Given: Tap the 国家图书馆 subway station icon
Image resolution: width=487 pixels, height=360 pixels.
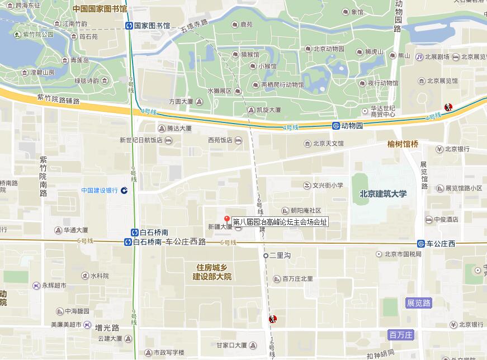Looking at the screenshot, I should (129, 25).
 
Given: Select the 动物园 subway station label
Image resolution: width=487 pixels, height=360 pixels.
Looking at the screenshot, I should (352, 126).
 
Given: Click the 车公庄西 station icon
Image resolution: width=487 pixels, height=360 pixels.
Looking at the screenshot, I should (420, 243).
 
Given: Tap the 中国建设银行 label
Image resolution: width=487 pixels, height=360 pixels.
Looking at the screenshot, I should (100, 190).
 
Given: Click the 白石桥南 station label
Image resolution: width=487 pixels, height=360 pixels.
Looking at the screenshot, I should (154, 232).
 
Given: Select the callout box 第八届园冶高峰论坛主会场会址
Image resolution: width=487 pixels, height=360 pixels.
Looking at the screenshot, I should (279, 222).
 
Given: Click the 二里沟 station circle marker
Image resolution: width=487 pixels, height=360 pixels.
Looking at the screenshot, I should (266, 255).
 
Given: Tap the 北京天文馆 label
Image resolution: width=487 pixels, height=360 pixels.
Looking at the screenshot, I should (328, 144).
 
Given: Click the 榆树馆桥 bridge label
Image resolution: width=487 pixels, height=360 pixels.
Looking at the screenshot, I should (403, 144).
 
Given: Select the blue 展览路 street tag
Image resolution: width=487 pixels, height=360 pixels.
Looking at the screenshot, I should (419, 303).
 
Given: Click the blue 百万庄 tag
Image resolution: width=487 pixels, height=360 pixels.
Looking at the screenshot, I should (401, 335).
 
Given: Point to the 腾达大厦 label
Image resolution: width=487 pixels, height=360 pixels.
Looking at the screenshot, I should (175, 128).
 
